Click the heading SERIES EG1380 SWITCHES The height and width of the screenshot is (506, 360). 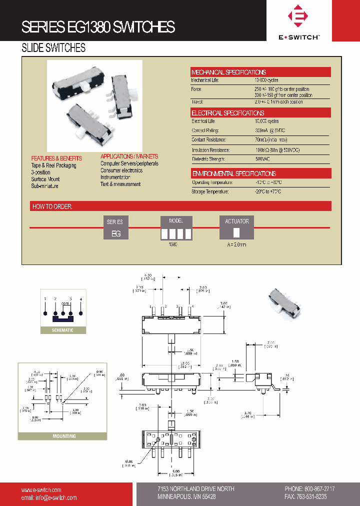[98, 27]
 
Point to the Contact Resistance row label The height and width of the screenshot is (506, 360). [209, 140]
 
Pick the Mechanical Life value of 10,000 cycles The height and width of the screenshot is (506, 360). [266, 80]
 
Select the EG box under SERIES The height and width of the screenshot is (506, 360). [115, 233]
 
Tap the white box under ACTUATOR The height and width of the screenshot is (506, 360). [236, 232]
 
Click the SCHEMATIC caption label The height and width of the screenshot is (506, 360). [63, 330]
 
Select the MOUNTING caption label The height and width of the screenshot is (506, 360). [64, 436]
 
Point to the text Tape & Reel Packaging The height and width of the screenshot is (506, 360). [53, 165]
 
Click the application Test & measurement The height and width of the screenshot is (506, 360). [120, 184]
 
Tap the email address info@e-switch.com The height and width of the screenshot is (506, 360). [49, 497]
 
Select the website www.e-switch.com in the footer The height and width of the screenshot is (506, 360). [41, 490]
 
